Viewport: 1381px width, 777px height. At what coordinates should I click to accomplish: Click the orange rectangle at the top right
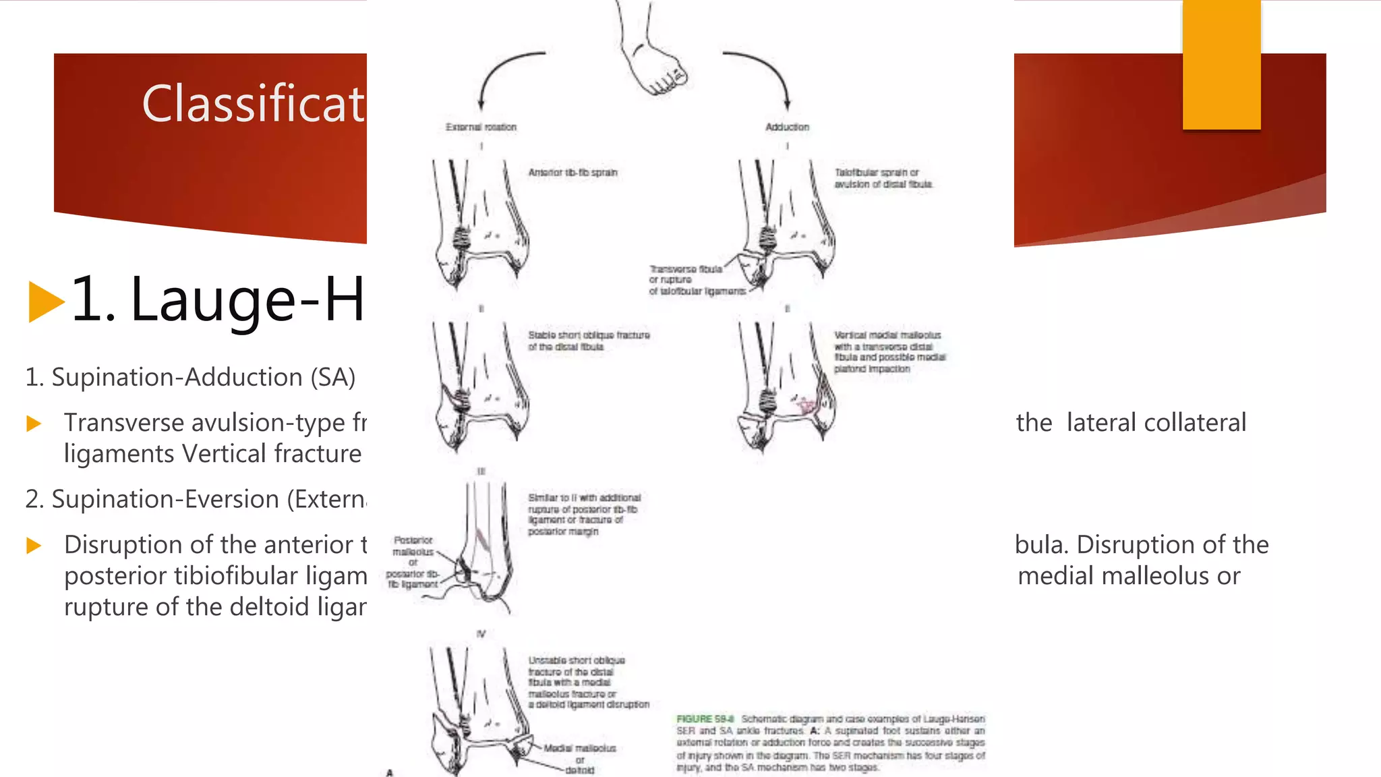(1221, 64)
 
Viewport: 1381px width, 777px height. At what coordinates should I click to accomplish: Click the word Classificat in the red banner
(253, 105)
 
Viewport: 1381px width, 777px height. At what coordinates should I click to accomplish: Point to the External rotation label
(481, 127)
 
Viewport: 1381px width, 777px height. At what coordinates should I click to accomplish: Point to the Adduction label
(787, 127)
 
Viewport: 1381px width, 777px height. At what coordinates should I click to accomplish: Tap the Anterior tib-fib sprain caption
(572, 173)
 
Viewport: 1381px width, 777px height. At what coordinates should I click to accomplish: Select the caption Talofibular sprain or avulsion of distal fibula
(883, 178)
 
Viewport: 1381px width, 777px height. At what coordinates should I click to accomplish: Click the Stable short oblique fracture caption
(589, 341)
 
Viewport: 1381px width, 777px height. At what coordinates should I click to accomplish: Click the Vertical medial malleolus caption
(889, 351)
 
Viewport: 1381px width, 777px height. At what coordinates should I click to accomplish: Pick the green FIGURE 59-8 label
(705, 719)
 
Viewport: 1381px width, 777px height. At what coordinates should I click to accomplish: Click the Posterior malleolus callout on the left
(413, 562)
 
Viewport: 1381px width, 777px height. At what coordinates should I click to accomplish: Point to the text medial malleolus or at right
(1129, 576)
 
